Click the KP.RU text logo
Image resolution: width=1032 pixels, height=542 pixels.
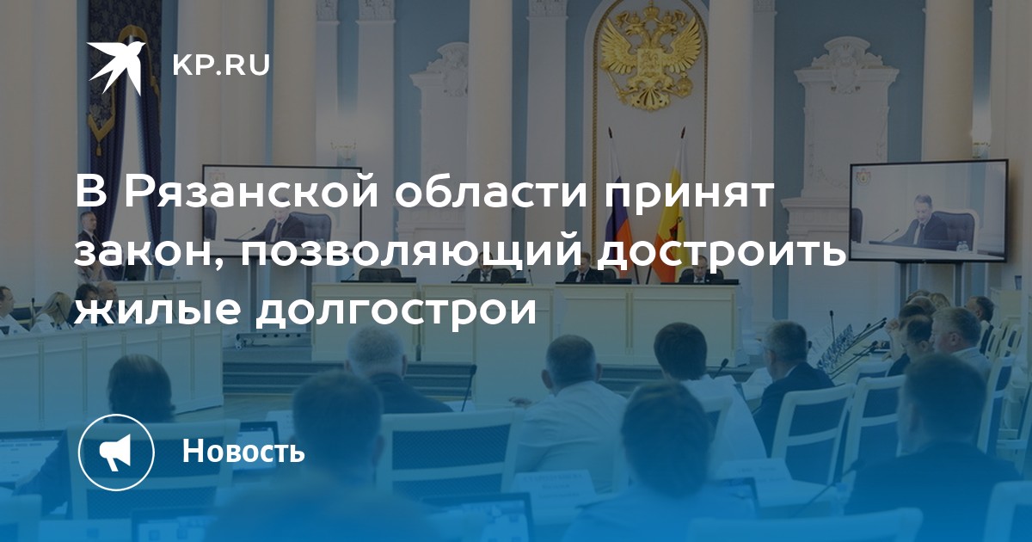221,65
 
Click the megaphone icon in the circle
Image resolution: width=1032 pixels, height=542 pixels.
116,452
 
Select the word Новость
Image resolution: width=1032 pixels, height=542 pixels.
243,450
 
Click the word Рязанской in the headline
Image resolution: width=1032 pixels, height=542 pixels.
251,192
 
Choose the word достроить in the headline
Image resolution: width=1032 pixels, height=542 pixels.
721,253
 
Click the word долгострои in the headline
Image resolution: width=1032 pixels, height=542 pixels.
397,310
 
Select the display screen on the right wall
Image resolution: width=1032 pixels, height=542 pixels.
929,211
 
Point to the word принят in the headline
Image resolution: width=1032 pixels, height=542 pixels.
688,194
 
